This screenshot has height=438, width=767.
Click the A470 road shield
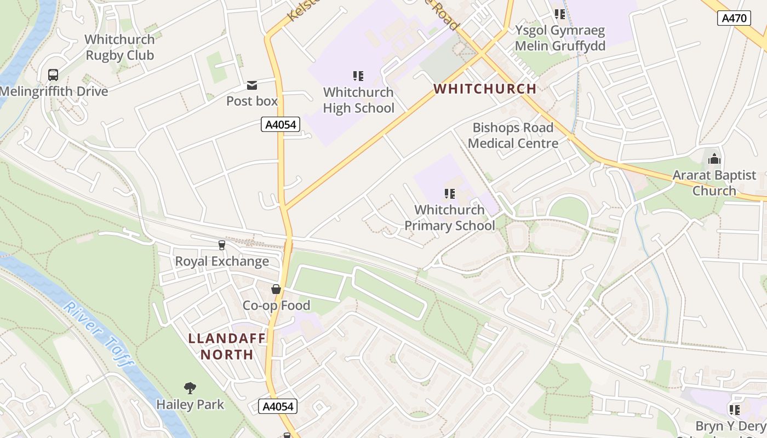point(734,18)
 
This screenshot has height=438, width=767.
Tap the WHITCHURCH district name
point(485,89)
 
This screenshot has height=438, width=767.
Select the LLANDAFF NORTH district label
point(227,347)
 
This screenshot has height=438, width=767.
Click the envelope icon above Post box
point(252,85)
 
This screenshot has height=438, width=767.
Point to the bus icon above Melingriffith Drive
point(53,75)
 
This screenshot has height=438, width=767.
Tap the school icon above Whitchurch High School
point(358,76)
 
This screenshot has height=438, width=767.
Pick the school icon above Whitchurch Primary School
point(450,193)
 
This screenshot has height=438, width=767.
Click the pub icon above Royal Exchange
point(222,245)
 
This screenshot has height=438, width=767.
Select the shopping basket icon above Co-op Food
point(276,289)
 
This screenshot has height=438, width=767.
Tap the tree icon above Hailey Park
point(190,388)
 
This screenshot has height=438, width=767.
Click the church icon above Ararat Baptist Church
point(714,159)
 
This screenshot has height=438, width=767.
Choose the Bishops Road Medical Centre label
point(513,135)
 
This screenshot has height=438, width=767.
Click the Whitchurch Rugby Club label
point(120,47)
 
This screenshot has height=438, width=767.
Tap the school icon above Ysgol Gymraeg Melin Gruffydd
point(559,14)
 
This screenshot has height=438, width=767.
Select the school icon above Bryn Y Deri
point(735,410)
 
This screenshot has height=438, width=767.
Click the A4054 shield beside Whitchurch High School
point(281,125)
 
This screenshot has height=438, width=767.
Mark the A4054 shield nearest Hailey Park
point(278,406)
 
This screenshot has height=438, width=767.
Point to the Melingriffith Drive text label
point(54,91)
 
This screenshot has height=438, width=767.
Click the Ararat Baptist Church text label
point(714,183)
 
